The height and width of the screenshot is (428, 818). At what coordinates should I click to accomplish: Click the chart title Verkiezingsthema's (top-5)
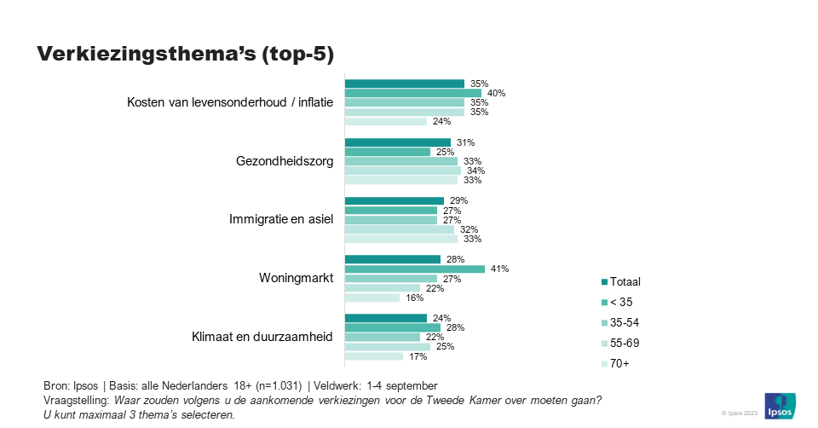185,54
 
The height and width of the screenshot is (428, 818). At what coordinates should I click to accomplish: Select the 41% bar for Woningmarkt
414,269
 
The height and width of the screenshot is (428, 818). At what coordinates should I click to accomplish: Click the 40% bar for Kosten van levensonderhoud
412,93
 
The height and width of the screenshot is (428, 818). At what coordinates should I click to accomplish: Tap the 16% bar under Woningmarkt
372,298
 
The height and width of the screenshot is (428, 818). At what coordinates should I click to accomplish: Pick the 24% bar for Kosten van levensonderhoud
385,121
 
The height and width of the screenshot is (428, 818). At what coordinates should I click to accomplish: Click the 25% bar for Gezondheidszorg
387,152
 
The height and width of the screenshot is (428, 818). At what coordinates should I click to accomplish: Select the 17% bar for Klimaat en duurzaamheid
373,356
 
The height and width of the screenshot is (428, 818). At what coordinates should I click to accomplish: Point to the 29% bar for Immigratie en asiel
394,200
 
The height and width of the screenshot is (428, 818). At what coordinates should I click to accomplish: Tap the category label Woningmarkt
296,278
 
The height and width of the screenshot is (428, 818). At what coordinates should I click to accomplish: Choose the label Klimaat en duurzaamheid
262,337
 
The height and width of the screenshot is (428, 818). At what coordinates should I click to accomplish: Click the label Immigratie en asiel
281,219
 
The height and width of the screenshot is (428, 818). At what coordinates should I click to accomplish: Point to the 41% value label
499,269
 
